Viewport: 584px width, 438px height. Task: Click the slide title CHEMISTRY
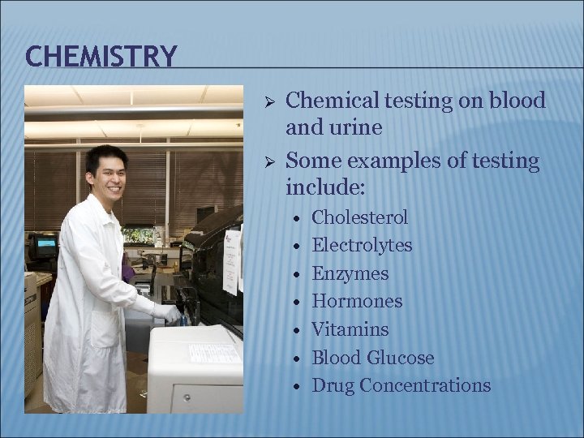coord(101,57)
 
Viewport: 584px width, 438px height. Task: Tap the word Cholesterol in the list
coord(359,217)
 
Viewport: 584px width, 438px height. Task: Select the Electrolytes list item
coord(362,245)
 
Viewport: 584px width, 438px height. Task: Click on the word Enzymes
coord(350,273)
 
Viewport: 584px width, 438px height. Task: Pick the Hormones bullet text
coord(356,301)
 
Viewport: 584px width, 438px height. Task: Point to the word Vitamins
coord(350,329)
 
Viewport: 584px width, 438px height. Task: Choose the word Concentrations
coord(424,385)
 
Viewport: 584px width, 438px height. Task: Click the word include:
coord(325,188)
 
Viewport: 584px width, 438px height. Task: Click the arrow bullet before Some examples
coord(272,161)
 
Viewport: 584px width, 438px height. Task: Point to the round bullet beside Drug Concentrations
coord(298,387)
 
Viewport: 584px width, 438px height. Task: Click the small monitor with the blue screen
coord(44,244)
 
